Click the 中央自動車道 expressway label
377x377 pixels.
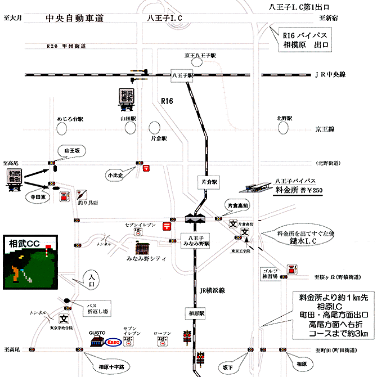(75, 19)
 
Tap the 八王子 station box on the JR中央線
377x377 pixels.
(182, 74)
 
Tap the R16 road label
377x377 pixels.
(167, 101)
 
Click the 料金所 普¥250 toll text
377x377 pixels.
(294, 190)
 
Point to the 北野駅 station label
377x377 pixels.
(285, 118)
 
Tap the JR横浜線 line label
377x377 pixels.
(212, 291)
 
